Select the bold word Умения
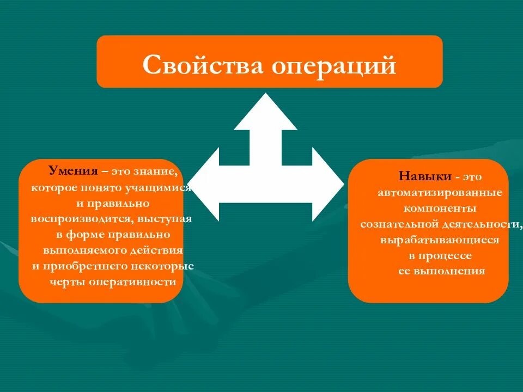coord(73,171)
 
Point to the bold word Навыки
coord(424,177)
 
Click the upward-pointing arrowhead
coord(266,111)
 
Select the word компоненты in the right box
coord(440,209)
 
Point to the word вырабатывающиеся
coord(440,240)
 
